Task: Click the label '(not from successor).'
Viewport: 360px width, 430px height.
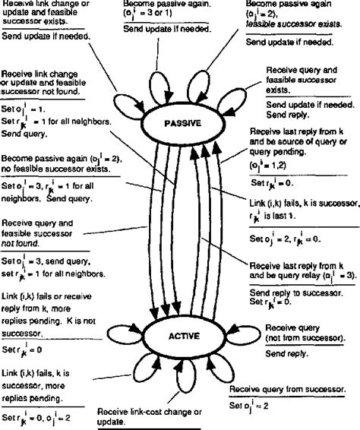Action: pyautogui.click(x=302, y=337)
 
